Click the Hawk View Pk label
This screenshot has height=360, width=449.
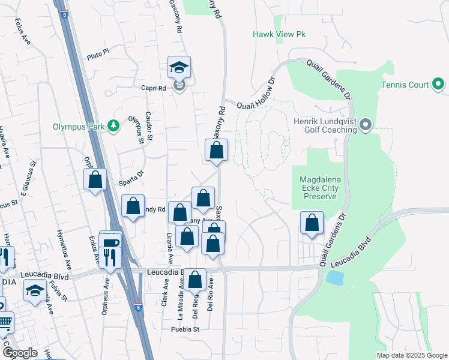pos(279,35)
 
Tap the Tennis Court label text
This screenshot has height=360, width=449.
pos(405,85)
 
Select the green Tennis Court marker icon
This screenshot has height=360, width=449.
pos(439,85)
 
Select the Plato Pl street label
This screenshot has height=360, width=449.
pos(97,53)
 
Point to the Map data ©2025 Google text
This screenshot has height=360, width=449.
pos(411,355)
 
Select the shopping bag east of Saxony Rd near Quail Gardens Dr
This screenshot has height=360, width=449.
pos(312,223)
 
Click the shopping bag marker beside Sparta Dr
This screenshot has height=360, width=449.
pos(95,180)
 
